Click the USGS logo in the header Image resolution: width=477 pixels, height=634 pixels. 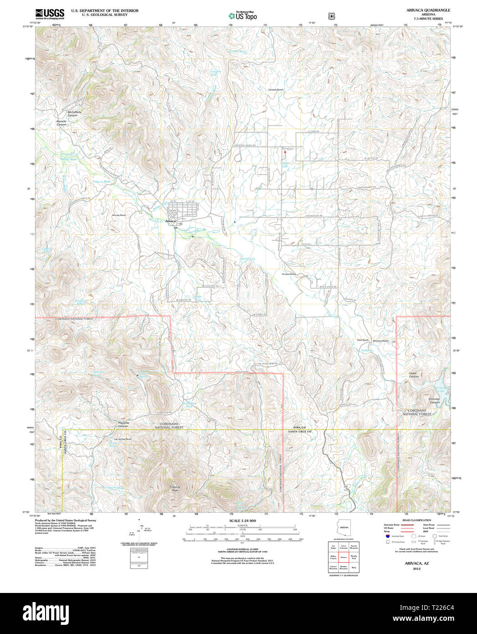[x=50, y=14]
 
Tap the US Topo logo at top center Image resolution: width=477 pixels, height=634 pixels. [x=242, y=16]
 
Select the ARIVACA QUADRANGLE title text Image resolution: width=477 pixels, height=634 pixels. [x=422, y=10]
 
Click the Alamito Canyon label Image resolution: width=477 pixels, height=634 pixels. [x=61, y=123]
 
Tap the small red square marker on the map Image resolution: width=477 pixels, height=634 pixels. [x=285, y=152]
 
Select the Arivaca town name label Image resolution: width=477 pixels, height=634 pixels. [x=170, y=221]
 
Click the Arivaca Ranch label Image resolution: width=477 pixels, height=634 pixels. [x=289, y=274]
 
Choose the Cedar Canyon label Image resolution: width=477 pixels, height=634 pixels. [x=413, y=375]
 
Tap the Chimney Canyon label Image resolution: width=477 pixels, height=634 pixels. [x=434, y=400]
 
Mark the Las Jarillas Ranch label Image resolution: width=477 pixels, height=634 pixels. [x=122, y=439]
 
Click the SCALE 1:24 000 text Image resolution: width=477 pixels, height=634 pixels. [x=242, y=521]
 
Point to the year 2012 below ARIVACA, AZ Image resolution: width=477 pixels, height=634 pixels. [x=416, y=569]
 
